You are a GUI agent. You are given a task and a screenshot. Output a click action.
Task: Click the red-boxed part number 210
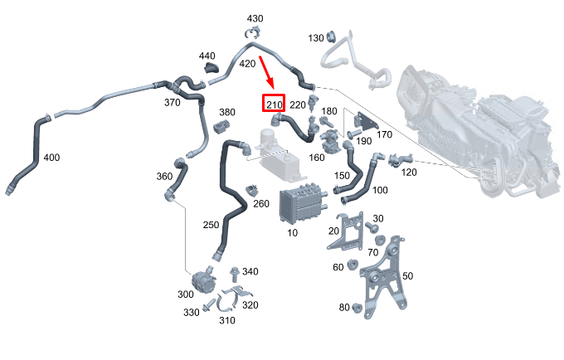tap(274, 105)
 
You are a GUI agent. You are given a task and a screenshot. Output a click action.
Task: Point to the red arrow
tap(267, 73)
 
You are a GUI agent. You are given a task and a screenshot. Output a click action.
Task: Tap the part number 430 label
tap(255, 18)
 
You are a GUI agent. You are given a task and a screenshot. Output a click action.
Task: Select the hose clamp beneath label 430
tap(252, 32)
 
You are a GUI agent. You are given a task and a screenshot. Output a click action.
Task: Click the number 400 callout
tap(51, 158)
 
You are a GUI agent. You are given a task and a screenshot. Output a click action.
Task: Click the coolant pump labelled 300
tap(203, 280)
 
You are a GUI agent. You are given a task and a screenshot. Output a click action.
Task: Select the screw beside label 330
tap(208, 307)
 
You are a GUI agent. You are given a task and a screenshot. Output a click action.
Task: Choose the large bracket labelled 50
tap(384, 278)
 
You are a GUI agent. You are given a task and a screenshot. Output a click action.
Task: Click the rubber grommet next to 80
tap(357, 308)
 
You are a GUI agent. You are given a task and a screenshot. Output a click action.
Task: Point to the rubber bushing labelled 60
tap(352, 265)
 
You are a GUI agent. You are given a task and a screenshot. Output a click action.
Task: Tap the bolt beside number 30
tap(371, 226)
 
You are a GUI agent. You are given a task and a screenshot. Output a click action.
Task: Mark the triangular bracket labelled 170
tap(366, 122)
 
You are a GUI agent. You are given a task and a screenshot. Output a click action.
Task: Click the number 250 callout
tap(211, 225)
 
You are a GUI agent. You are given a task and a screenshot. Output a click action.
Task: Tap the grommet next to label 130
tap(331, 36)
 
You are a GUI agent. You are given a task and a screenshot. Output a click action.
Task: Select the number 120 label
tap(409, 173)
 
